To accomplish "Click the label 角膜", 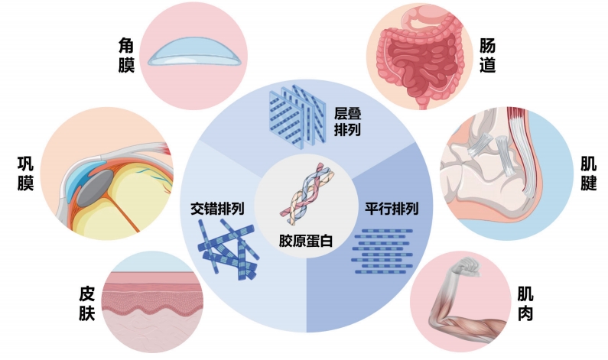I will tap(126, 57).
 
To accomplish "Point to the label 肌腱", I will tap(589, 175).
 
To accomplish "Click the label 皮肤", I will tap(86, 303).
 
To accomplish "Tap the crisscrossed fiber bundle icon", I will tap(228, 246).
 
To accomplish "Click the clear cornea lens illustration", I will tap(194, 52).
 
